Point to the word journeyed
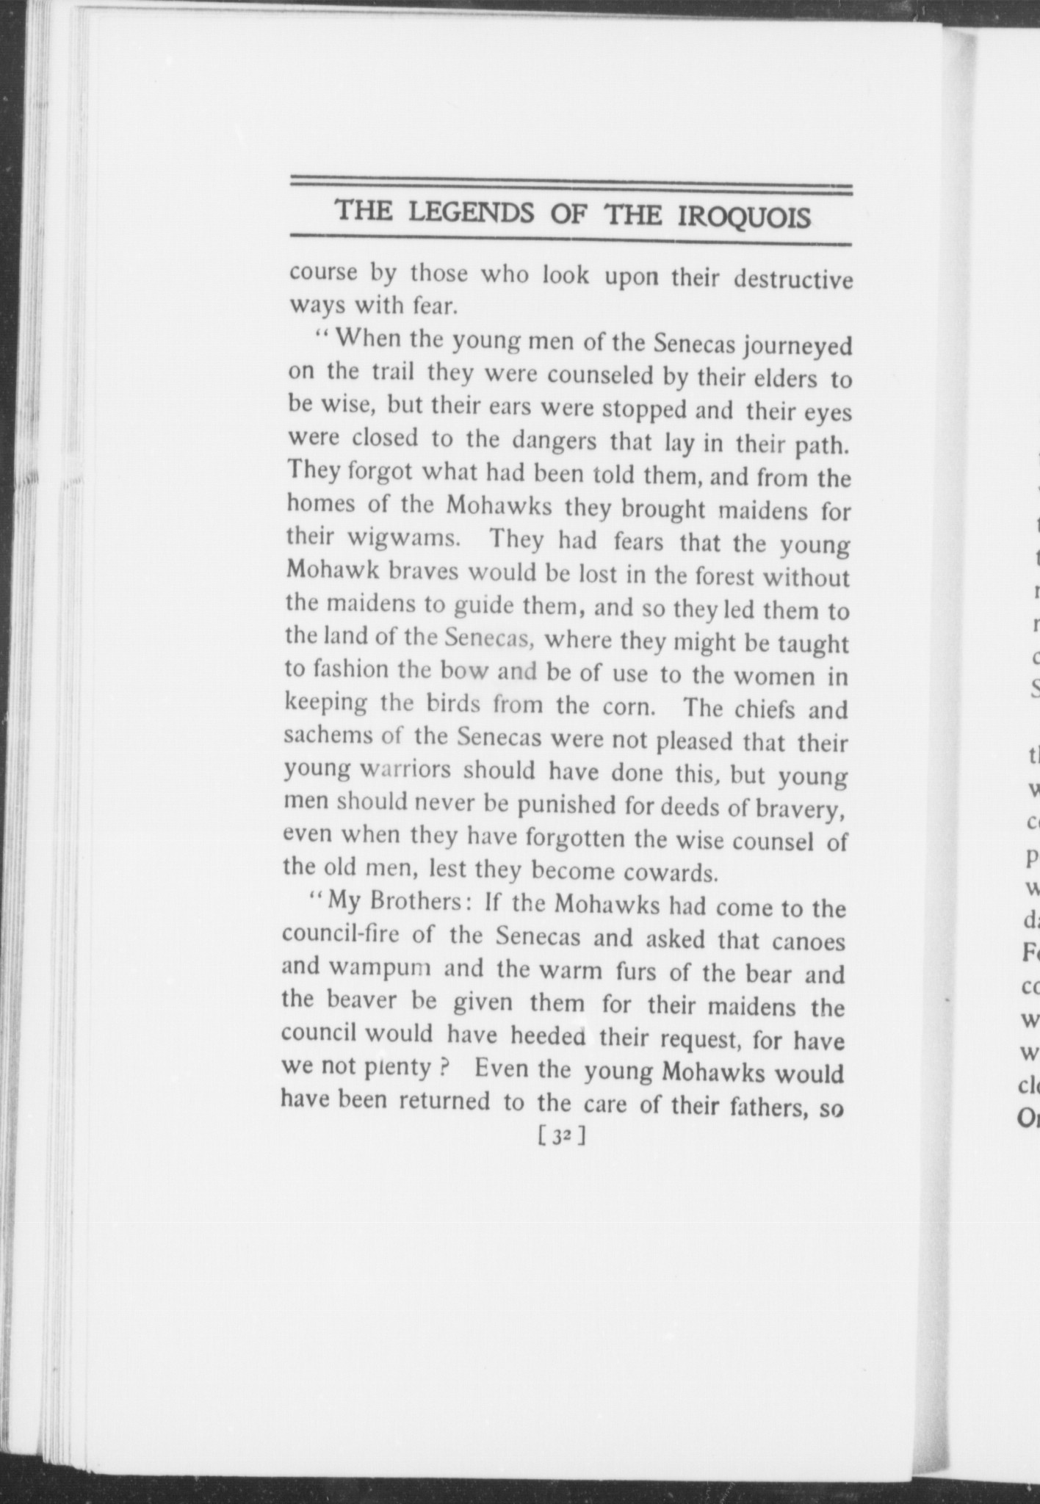pyautogui.click(x=798, y=346)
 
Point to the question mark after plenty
pyautogui.click(x=443, y=1067)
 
